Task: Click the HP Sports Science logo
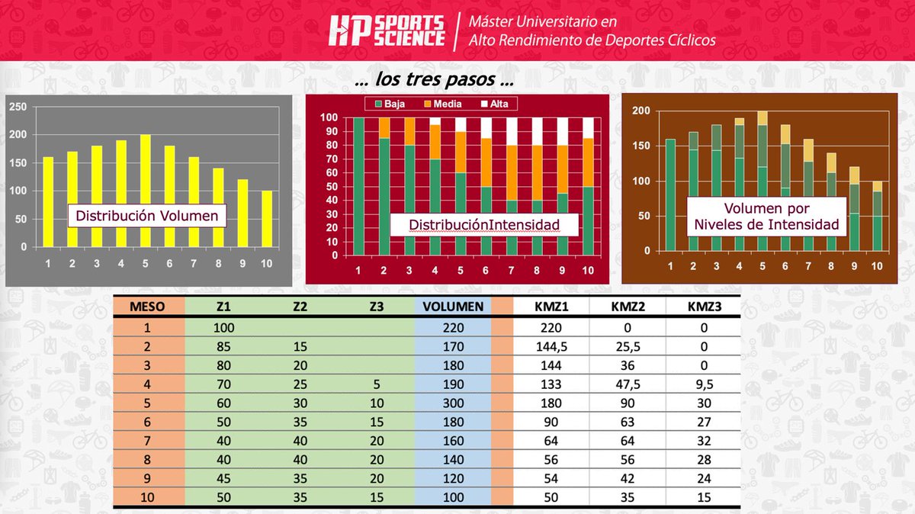(x=387, y=31)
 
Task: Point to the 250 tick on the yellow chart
(x=17, y=108)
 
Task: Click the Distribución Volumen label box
(x=146, y=217)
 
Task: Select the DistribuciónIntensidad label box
(x=484, y=224)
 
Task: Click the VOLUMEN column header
(x=453, y=307)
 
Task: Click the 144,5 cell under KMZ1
(x=550, y=345)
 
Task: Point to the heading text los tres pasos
(x=434, y=80)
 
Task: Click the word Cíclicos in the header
(x=691, y=40)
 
